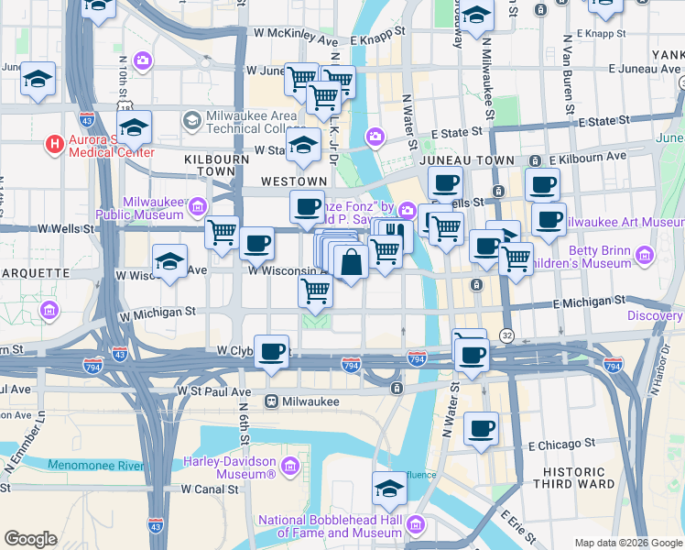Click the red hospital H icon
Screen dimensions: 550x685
click(55, 144)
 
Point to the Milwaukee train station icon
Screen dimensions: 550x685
click(272, 401)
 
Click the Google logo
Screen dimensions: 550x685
click(30, 539)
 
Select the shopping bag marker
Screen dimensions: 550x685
click(352, 263)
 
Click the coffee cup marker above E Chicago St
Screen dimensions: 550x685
click(481, 428)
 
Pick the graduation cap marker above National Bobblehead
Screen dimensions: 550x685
click(389, 487)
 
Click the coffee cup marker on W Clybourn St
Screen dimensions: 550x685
click(271, 351)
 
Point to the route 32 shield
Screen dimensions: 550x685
click(506, 336)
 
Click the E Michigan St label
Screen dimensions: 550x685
click(590, 301)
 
